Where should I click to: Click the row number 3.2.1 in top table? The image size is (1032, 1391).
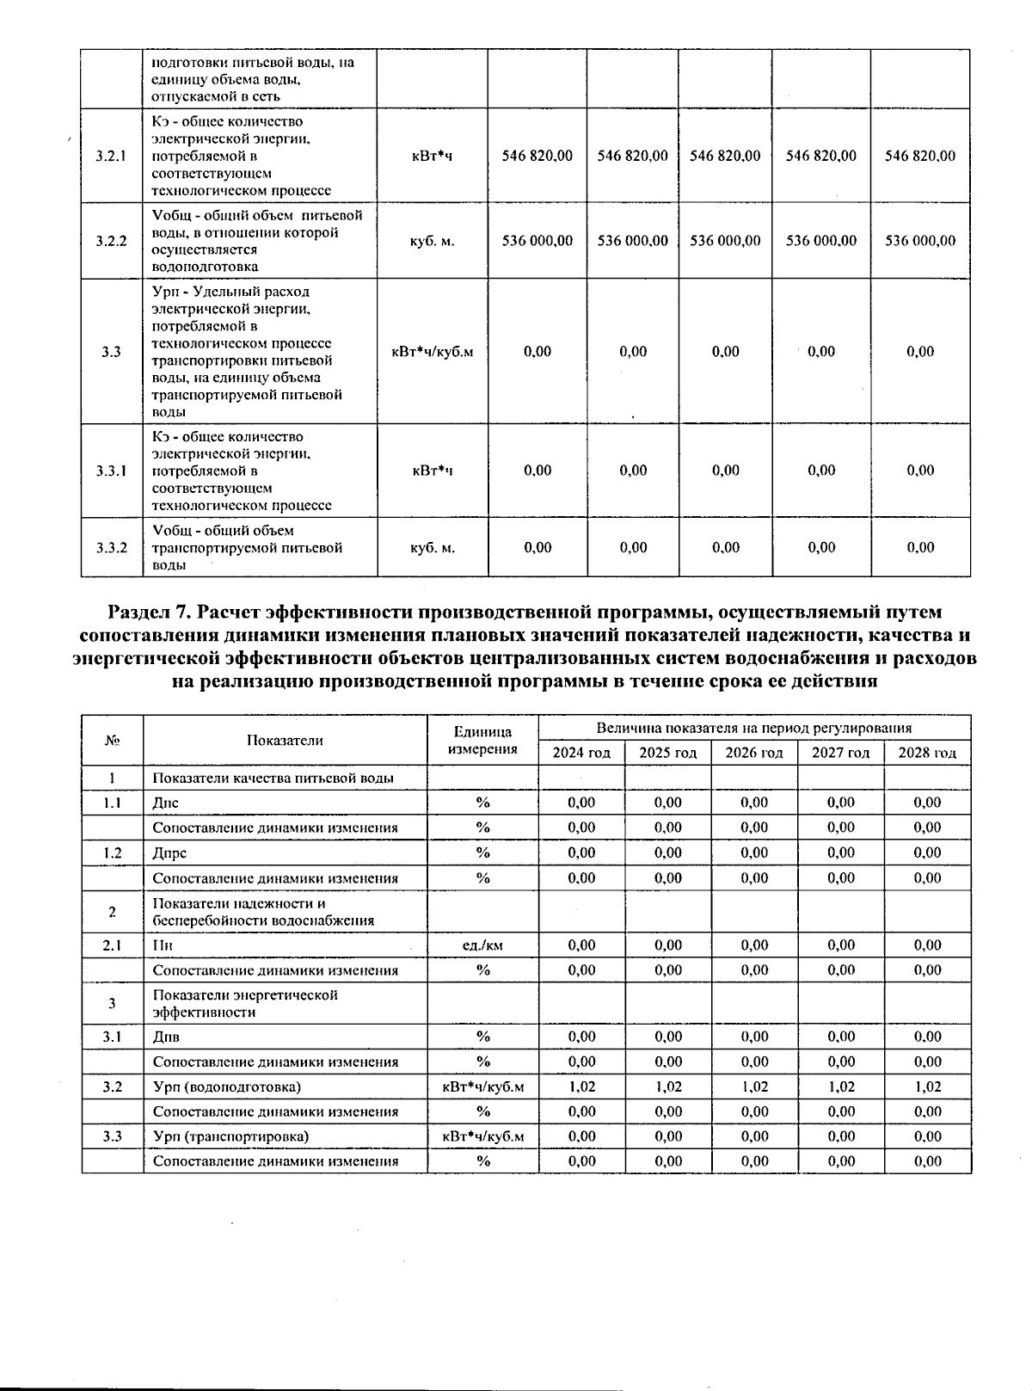point(112,156)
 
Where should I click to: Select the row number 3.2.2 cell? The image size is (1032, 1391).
point(112,241)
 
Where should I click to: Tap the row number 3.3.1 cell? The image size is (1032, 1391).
point(112,471)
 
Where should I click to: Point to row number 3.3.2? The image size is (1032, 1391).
point(112,547)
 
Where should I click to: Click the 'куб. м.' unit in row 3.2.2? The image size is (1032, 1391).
point(433,241)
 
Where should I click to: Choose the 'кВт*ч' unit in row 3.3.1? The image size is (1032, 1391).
point(433,471)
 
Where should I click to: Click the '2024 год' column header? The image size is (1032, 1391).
point(581,753)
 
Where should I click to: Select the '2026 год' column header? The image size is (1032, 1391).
point(754,753)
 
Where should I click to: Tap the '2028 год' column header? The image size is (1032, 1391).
point(927,753)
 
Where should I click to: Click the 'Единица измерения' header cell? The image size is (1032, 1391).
point(482,740)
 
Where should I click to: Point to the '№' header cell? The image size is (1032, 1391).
point(112,740)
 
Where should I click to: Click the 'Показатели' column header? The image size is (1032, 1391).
point(285,740)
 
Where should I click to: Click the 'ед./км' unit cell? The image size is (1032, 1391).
point(482,945)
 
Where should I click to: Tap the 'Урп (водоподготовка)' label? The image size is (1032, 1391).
point(227,1086)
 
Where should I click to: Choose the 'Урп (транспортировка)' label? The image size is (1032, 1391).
point(230,1136)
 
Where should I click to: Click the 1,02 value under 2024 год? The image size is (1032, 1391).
point(581,1086)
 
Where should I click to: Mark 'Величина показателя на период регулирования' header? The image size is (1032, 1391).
point(754,728)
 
